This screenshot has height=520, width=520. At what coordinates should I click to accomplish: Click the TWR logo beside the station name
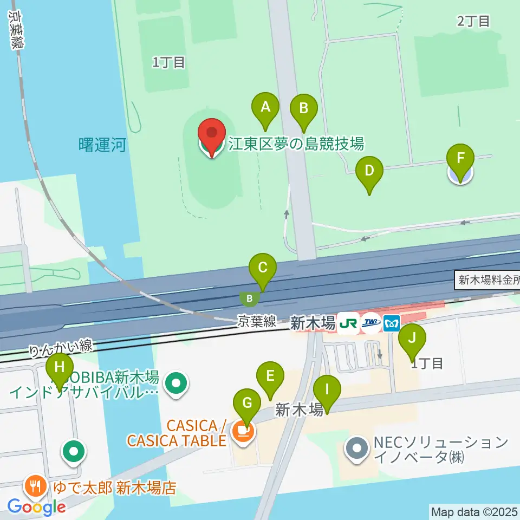[370, 324]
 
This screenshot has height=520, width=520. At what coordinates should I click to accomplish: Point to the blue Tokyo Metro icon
[391, 324]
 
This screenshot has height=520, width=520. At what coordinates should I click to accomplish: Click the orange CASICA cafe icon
[244, 431]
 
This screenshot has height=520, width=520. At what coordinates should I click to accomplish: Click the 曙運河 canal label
[102, 145]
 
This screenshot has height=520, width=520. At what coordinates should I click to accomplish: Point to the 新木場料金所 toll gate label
[488, 281]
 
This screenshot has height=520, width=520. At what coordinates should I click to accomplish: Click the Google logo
[36, 507]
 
